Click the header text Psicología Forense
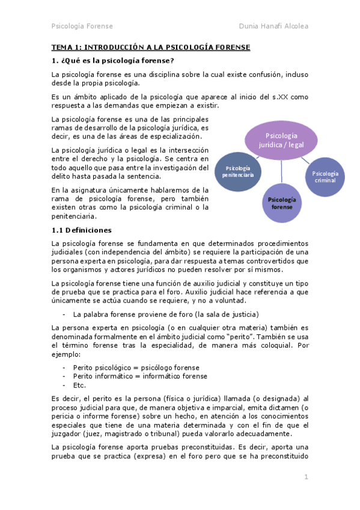pos(82,26)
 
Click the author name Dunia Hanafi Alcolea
pos(273,26)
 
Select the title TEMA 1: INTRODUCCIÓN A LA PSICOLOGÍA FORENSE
pos(150,47)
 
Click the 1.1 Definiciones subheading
pos(81,230)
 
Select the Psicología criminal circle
pos(325,176)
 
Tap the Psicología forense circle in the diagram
pos(281,203)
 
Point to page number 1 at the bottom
pos(305,477)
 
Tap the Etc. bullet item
pos(79,386)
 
